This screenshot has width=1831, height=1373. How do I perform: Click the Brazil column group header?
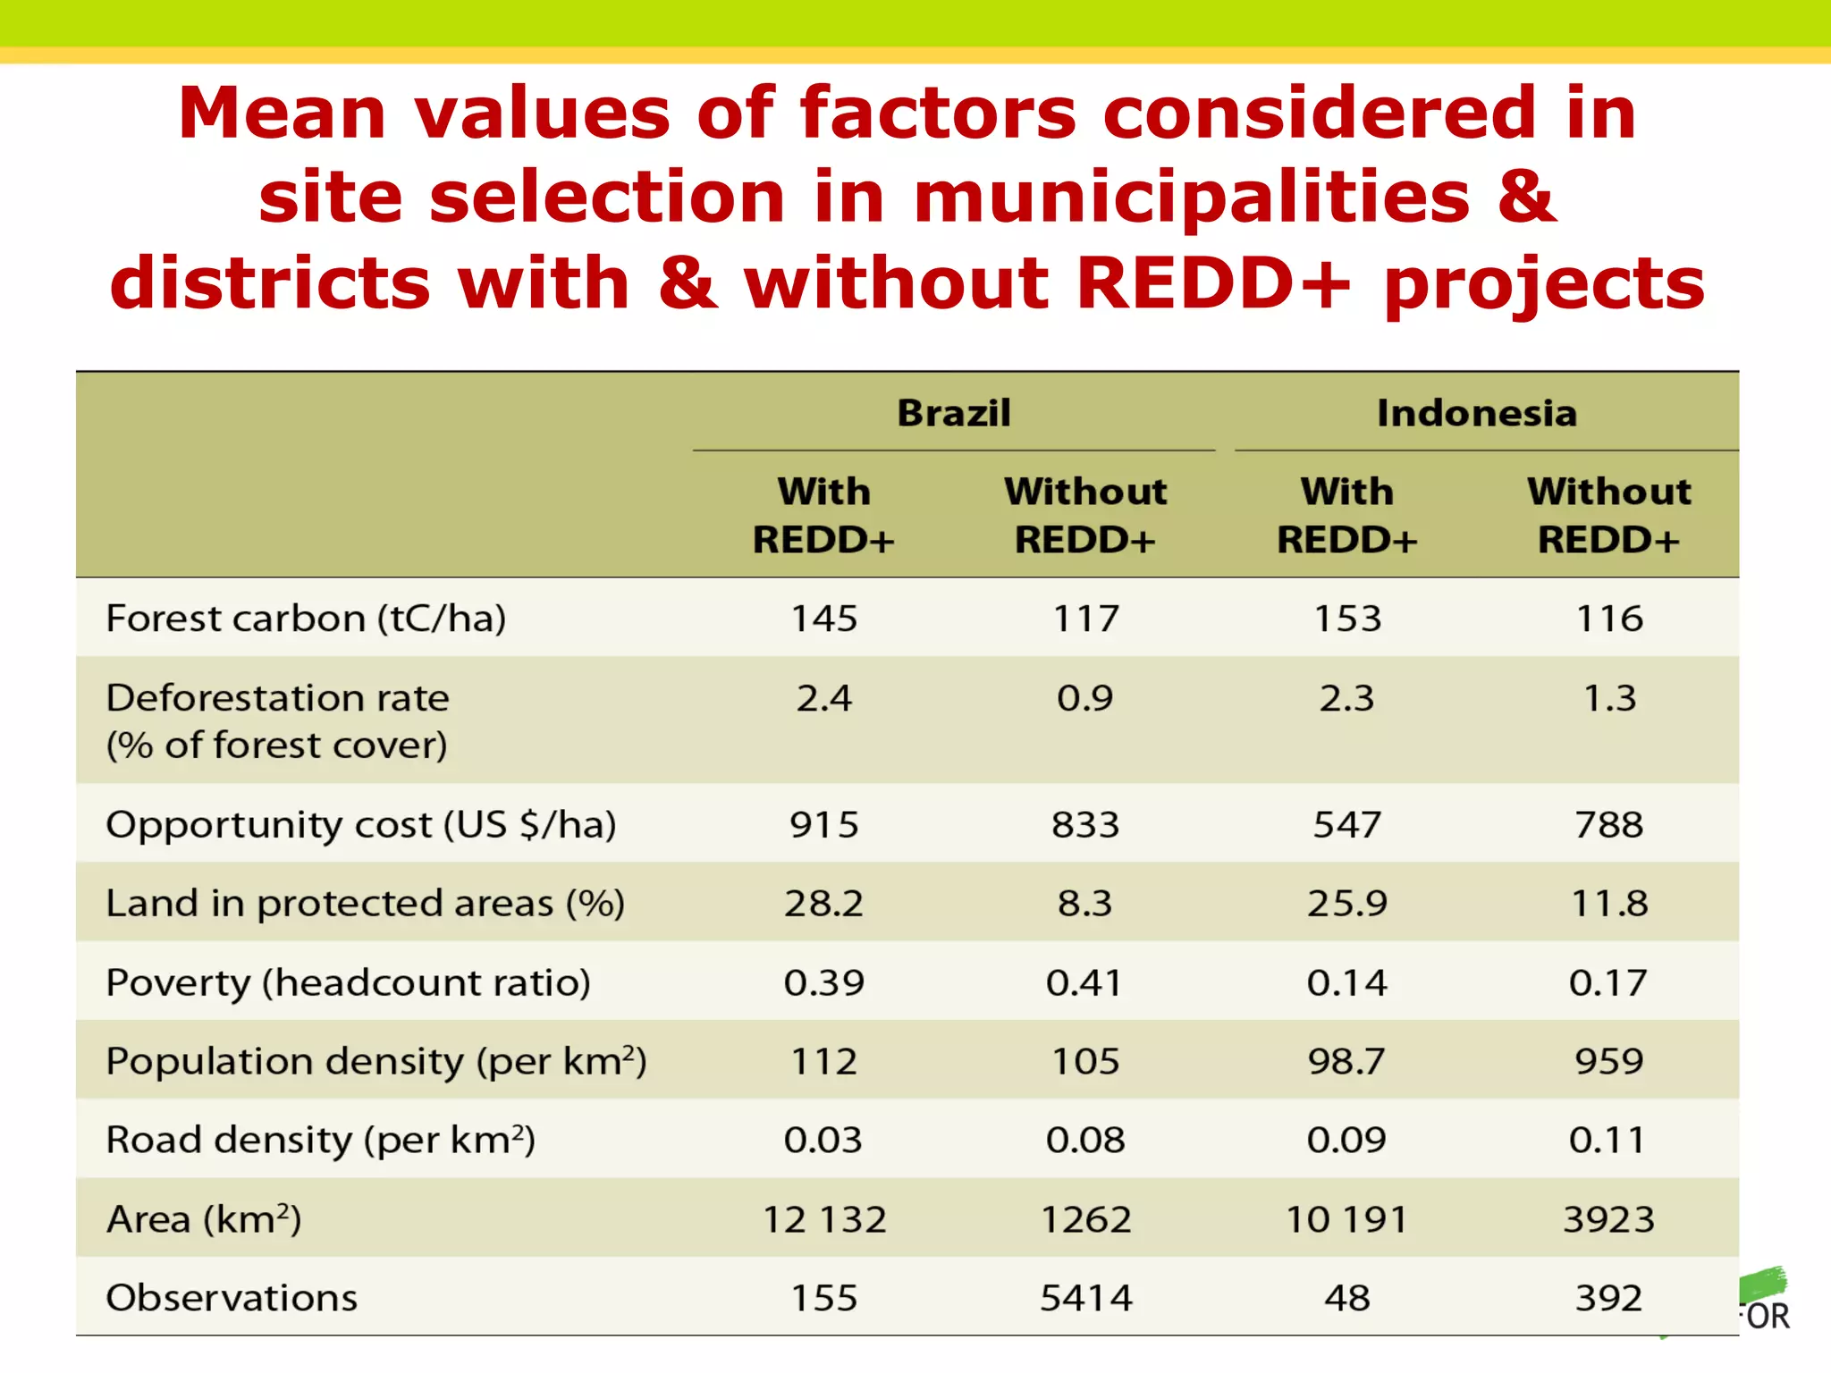point(953,413)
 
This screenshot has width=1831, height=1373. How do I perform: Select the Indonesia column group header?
point(1476,413)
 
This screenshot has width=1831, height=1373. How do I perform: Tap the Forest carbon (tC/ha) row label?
point(306,619)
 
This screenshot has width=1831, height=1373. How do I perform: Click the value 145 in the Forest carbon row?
point(823,619)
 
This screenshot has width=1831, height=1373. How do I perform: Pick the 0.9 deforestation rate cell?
point(1084,698)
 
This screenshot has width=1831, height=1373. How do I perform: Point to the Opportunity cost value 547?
point(1346,824)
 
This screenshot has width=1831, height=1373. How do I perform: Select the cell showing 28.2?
point(823,903)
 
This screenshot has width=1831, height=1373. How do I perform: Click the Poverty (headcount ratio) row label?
point(348,982)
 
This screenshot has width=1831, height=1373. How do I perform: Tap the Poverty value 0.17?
point(1607,982)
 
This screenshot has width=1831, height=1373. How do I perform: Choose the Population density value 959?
point(1607,1061)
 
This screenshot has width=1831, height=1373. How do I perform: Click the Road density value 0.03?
point(823,1140)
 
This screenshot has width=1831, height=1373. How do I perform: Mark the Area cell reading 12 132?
point(823,1219)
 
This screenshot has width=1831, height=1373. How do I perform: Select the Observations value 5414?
point(1085,1298)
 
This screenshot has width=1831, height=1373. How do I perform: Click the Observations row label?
point(232,1298)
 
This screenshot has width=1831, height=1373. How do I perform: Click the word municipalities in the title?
point(1191,198)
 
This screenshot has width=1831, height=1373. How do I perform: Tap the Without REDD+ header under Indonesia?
point(1607,516)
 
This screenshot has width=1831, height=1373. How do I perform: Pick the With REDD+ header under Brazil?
point(823,516)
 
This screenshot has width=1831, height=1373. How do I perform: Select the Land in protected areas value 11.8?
point(1607,903)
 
